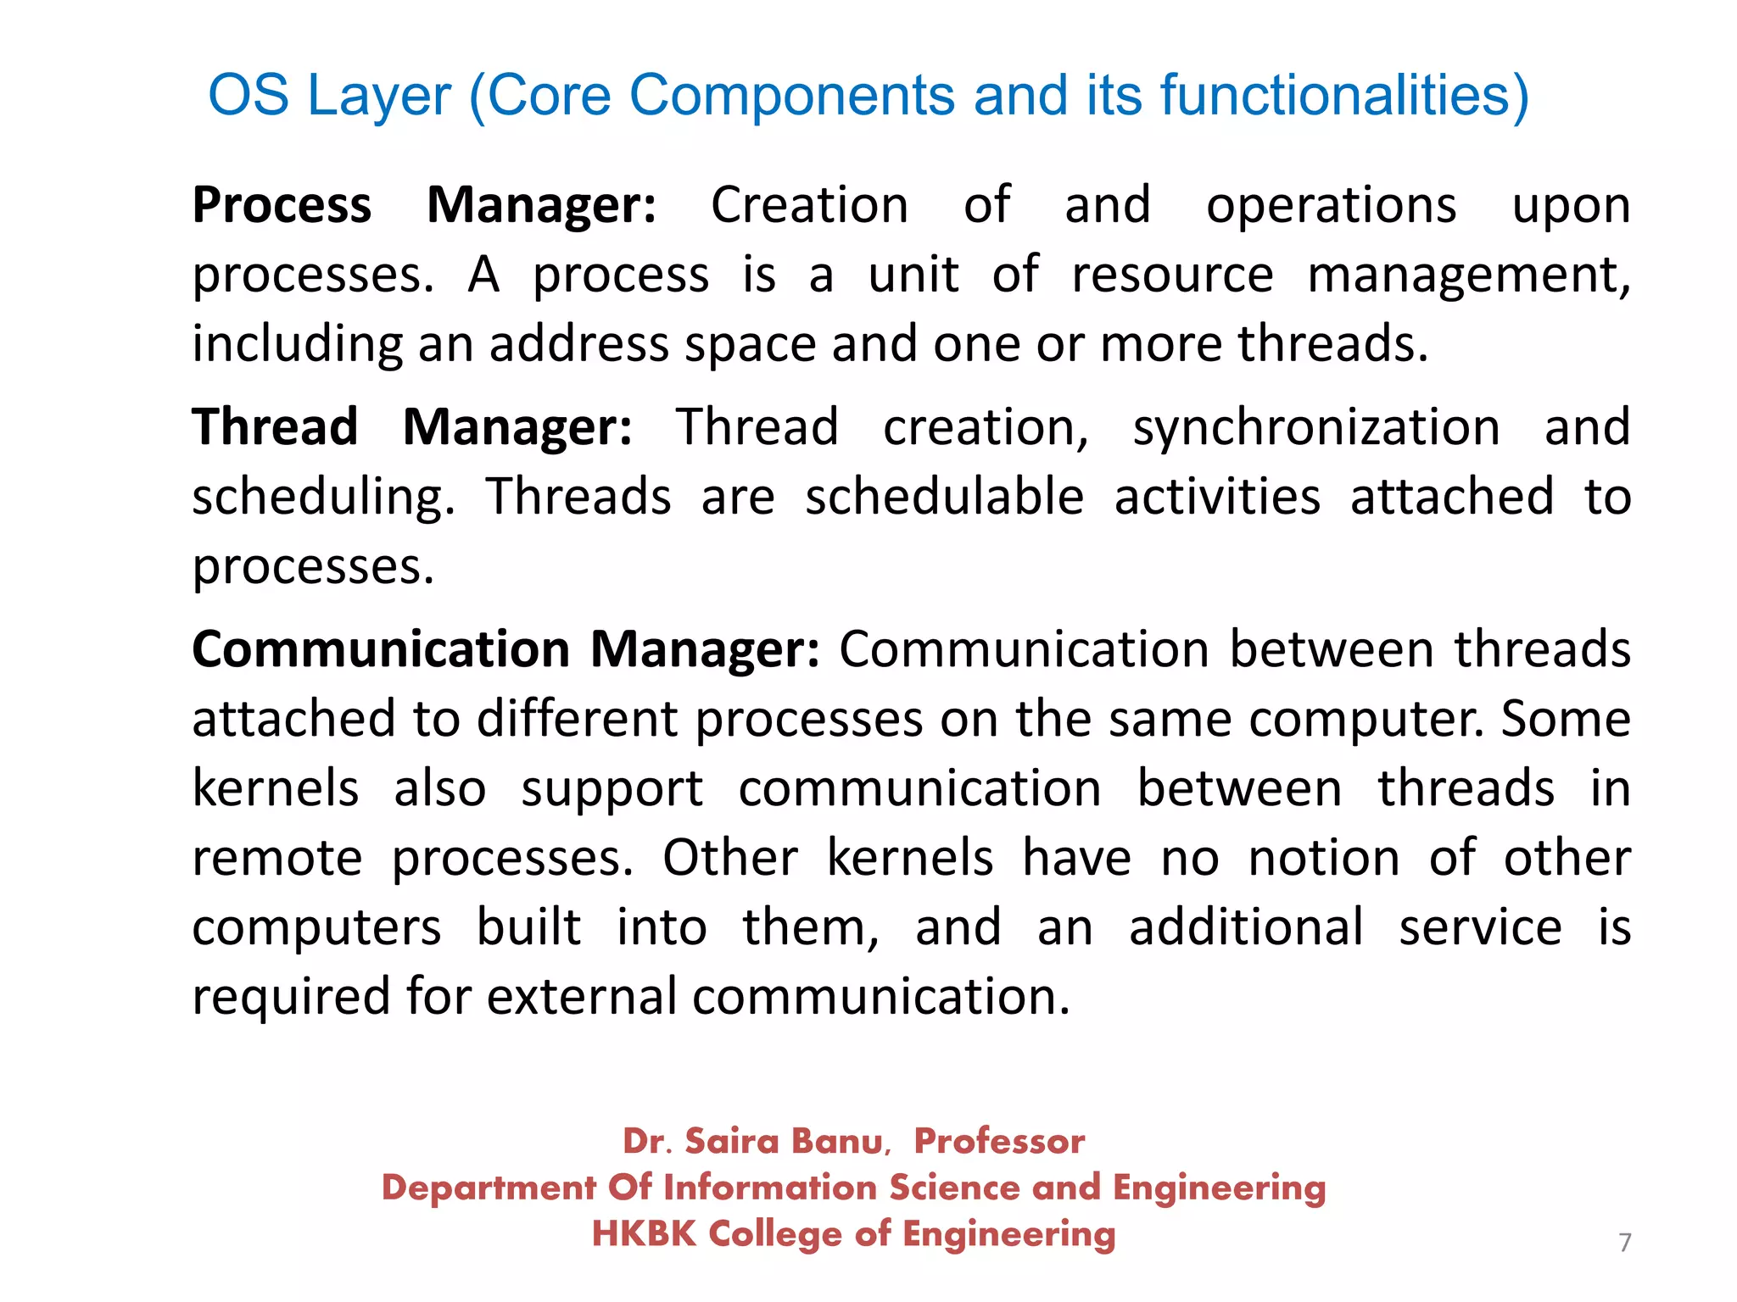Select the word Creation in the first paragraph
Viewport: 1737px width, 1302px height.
(x=809, y=206)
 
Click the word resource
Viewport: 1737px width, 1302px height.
(x=1172, y=275)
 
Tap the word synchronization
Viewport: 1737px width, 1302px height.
(x=1316, y=428)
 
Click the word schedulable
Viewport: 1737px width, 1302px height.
(x=944, y=497)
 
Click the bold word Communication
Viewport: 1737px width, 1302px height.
(x=381, y=650)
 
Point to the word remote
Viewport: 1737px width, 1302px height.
(x=277, y=858)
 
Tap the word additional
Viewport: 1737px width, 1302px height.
(x=1246, y=927)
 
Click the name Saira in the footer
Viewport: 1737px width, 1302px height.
(x=731, y=1142)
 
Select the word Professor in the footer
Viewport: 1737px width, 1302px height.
(x=999, y=1142)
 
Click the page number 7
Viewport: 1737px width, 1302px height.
(x=1624, y=1243)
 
